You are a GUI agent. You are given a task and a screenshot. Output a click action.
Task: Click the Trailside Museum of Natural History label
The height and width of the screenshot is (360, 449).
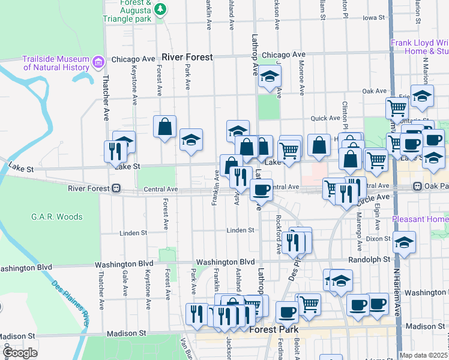pyautogui.click(x=56, y=63)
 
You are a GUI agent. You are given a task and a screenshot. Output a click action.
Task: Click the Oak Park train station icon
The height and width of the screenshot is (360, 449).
pyautogui.click(x=417, y=187)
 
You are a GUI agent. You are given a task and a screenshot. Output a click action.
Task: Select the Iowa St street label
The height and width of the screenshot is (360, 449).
pyautogui.click(x=373, y=18)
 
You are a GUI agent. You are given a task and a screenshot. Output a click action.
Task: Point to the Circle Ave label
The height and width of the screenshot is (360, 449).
pyautogui.click(x=374, y=197)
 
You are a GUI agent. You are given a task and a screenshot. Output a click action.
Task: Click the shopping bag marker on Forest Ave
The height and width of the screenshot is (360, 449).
pyautogui.click(x=164, y=127)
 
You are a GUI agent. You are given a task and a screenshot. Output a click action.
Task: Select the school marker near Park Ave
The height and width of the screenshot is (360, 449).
pyautogui.click(x=191, y=140)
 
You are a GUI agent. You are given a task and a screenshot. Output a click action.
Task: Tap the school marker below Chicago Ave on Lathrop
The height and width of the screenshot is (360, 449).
pyautogui.click(x=270, y=77)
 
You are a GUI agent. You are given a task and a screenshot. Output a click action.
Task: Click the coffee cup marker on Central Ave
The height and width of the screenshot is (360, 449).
pyautogui.click(x=261, y=190)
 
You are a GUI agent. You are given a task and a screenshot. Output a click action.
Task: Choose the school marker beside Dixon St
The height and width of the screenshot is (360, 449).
pyautogui.click(x=404, y=243)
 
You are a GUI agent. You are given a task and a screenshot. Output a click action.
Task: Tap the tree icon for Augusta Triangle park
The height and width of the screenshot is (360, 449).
pyautogui.click(x=160, y=9)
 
